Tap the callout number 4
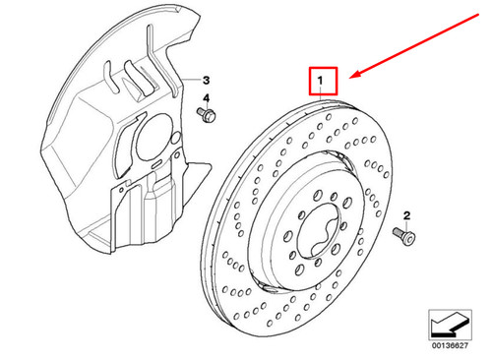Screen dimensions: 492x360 [208, 99]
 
